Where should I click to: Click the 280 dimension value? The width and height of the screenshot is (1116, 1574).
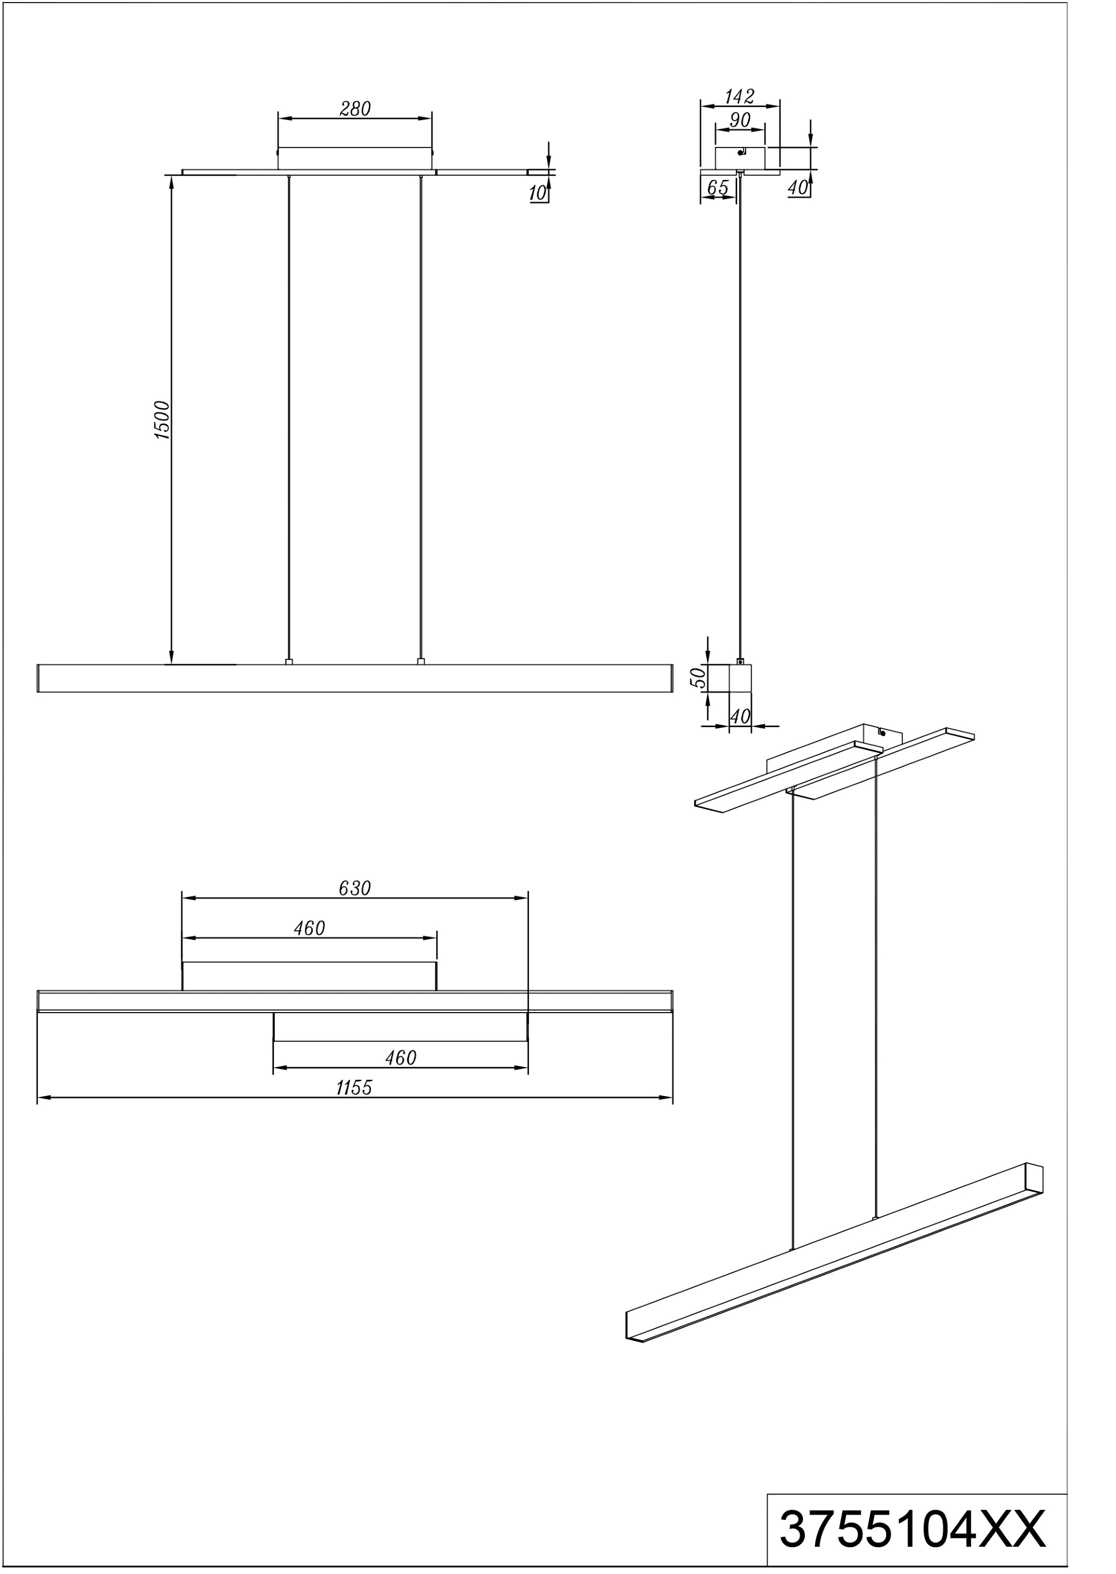(355, 109)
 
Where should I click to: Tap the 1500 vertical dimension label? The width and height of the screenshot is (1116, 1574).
(162, 420)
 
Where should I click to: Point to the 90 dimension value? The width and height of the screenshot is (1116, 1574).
(740, 120)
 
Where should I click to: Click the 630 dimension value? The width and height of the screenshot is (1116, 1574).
(355, 888)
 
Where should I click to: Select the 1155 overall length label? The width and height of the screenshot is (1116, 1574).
(354, 1088)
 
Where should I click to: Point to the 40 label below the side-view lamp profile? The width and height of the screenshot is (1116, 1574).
(740, 717)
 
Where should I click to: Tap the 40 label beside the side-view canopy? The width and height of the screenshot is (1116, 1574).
(798, 187)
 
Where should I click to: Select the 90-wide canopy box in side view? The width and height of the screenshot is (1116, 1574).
(740, 158)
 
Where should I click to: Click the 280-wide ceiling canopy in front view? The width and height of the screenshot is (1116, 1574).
(355, 158)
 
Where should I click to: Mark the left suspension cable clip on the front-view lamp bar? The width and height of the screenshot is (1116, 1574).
(289, 662)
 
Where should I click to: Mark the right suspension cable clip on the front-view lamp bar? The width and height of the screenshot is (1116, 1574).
(421, 662)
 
